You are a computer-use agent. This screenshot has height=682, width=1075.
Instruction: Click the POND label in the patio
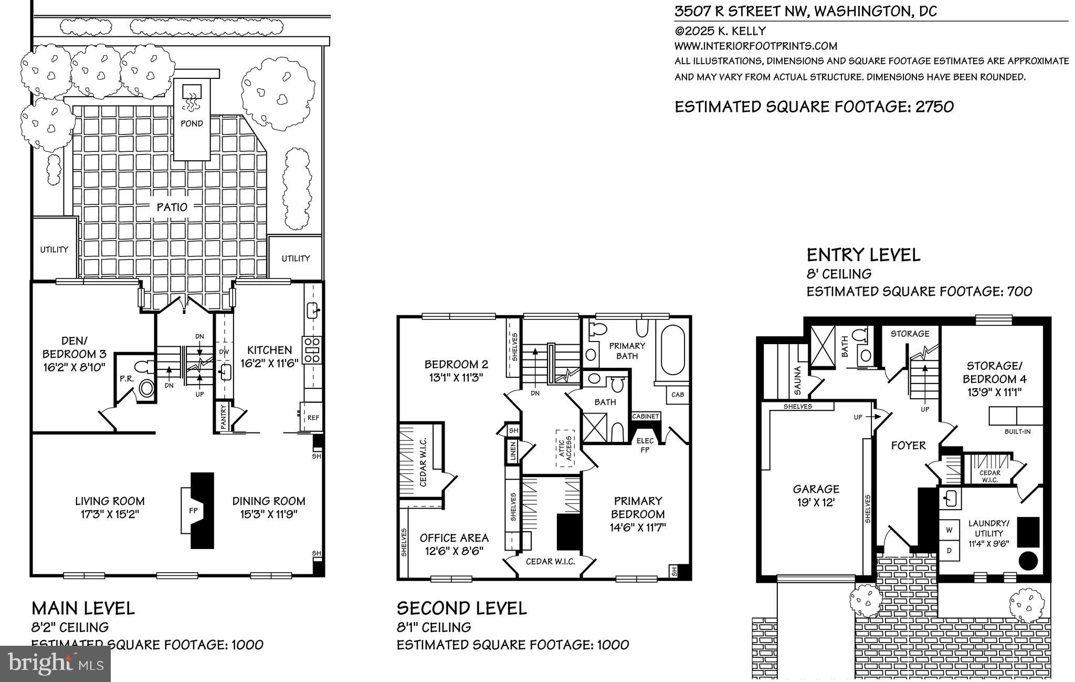pos(192,123)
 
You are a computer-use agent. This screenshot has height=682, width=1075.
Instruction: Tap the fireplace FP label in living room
pos(193,510)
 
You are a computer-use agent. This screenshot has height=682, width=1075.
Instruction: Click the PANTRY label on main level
pos(224,417)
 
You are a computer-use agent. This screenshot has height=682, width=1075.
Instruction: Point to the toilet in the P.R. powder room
pos(144,366)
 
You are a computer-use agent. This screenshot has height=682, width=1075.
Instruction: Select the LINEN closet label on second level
pos(513,450)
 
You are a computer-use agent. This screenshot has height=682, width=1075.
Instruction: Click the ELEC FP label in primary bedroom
pos(645,445)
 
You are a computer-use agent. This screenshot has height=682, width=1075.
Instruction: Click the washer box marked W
pos(949,530)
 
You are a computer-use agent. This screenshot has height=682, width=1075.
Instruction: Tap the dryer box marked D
pos(949,551)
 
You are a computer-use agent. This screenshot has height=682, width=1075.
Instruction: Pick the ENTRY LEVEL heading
pos(863,255)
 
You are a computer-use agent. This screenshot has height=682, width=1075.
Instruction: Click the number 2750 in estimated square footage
pos(934,107)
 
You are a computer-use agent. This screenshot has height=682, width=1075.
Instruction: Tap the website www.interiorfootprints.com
pos(755,46)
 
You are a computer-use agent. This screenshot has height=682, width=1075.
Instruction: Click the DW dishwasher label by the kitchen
pos(224,351)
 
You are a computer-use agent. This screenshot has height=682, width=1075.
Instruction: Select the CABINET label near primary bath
pos(646,416)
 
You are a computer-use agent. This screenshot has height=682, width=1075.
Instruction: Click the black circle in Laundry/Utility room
pos(1028,561)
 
